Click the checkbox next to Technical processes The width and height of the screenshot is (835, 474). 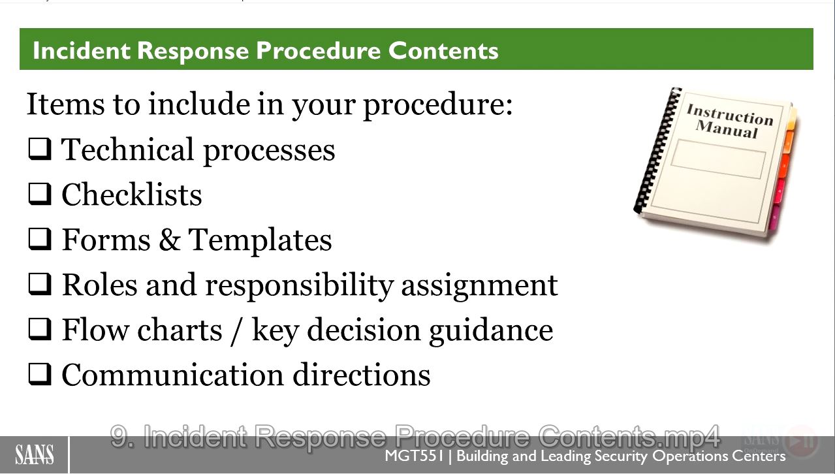coord(40,149)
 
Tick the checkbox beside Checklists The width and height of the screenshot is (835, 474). coord(40,194)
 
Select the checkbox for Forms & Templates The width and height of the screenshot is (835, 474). coord(40,239)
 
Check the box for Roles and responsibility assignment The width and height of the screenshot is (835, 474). coord(40,284)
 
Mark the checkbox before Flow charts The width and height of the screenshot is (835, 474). coord(40,329)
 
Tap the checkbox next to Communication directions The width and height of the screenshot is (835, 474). coord(40,374)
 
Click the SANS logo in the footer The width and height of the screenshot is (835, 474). coord(35,454)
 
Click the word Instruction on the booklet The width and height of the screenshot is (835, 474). coord(731,114)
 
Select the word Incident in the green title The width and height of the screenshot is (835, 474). coord(82,50)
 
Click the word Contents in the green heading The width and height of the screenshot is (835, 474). coord(443,50)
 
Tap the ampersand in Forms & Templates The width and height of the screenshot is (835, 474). coord(169,240)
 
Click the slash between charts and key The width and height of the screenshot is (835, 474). coord(237,331)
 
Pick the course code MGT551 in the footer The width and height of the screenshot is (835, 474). coord(414,456)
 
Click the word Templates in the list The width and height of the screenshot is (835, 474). coord(260,240)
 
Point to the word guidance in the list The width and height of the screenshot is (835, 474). coord(491,331)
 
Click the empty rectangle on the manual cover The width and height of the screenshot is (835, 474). coord(718,159)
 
